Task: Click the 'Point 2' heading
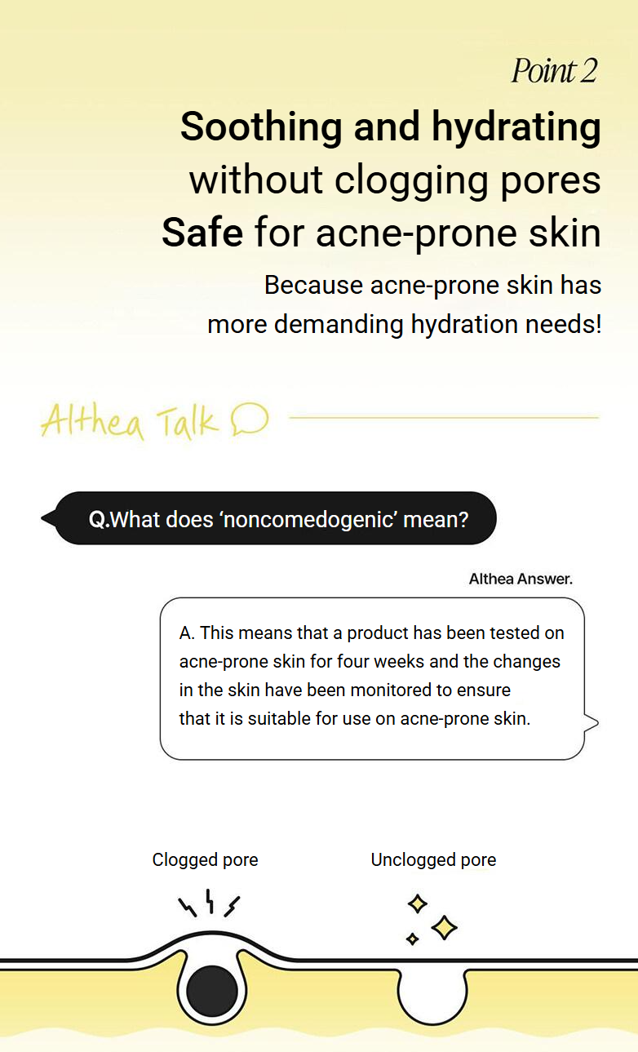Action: click(554, 71)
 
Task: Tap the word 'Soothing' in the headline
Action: click(261, 127)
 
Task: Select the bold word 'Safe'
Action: click(202, 233)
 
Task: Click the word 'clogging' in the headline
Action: click(411, 182)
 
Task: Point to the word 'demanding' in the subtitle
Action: click(339, 325)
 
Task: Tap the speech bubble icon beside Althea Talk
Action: click(250, 419)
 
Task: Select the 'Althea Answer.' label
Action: click(521, 579)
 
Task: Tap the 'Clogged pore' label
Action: click(205, 860)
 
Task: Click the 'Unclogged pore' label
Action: click(433, 860)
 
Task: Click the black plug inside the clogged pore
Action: click(212, 992)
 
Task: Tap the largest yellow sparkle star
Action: click(444, 928)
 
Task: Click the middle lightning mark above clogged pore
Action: click(210, 901)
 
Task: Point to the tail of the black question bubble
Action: click(49, 518)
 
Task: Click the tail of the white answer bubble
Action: click(591, 723)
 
